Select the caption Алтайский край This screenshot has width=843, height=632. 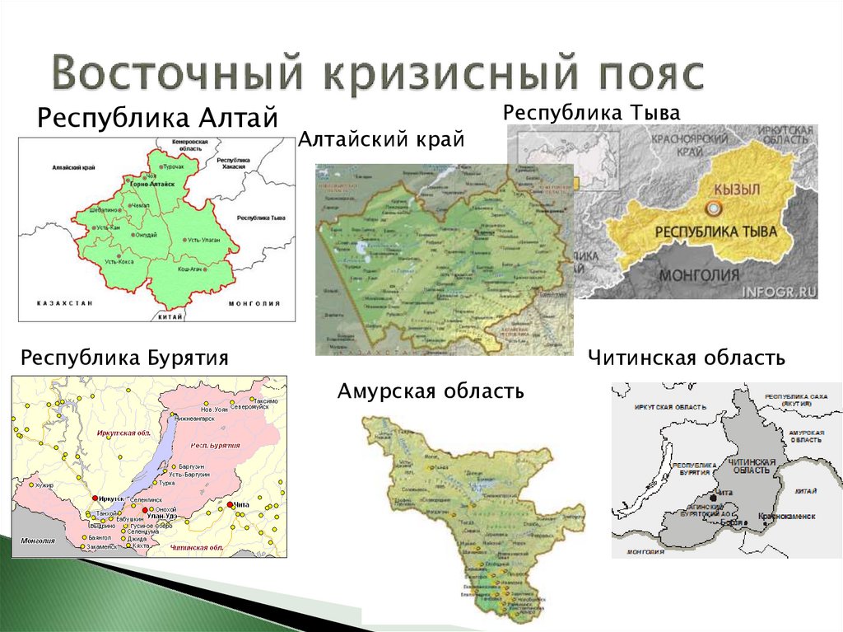pyautogui.click(x=381, y=140)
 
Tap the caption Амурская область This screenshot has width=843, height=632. pyautogui.click(x=431, y=391)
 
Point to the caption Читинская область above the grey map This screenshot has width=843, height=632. pyautogui.click(x=687, y=358)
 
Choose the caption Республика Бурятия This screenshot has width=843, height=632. pyautogui.click(x=124, y=358)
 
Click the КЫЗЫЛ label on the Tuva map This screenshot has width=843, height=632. pyautogui.click(x=735, y=190)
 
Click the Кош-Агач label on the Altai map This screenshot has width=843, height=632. pyautogui.click(x=192, y=269)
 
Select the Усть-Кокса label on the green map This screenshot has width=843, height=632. pyautogui.click(x=120, y=261)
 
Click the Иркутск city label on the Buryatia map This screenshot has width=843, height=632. pyautogui.click(x=109, y=499)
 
